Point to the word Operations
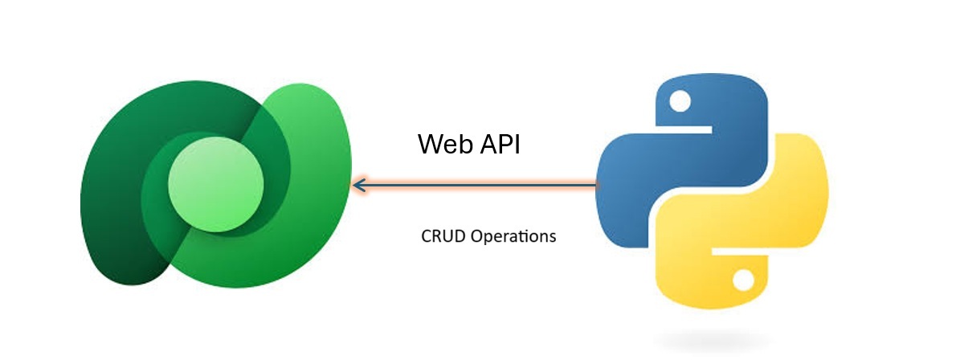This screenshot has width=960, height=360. tap(513, 238)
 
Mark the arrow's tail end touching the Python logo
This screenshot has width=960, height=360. tap(598, 186)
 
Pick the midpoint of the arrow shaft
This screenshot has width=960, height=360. tap(478, 186)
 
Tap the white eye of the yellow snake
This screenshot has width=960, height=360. tap(743, 279)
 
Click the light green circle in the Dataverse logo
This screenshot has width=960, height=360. tap(215, 184)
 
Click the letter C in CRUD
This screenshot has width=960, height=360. tap(426, 237)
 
